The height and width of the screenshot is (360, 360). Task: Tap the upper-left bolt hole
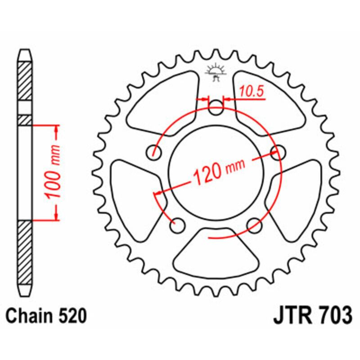pyautogui.click(x=155, y=152)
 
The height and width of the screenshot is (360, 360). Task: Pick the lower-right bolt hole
pyautogui.click(x=255, y=224)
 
